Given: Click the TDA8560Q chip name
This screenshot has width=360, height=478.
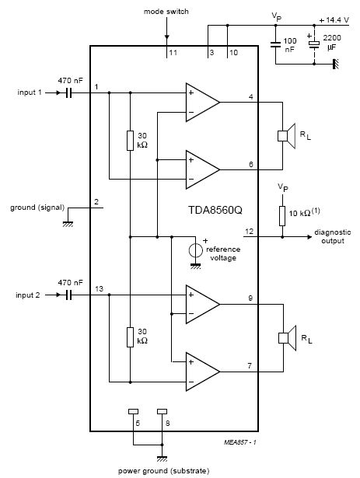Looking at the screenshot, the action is (x=215, y=211).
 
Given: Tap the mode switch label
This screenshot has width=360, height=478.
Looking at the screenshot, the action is (x=166, y=12).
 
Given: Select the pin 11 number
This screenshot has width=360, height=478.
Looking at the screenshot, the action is (x=173, y=53).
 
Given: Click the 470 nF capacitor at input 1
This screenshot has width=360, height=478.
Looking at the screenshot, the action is (x=69, y=92).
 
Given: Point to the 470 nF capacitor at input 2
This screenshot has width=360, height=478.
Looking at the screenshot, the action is (x=69, y=295).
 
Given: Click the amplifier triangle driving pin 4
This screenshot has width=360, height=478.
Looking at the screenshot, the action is (x=203, y=102).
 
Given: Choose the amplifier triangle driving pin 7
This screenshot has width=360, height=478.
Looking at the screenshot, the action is (x=203, y=372).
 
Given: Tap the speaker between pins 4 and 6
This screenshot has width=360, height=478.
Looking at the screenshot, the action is (x=287, y=136).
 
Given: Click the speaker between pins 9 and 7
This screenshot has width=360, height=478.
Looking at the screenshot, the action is (x=288, y=338).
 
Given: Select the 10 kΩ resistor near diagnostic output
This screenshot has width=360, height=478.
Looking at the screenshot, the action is (x=282, y=216).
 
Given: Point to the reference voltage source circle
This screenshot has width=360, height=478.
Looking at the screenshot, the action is (x=196, y=250).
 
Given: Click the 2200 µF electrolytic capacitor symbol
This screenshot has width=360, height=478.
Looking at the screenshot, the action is (x=314, y=44).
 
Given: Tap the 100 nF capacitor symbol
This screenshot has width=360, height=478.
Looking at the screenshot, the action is (x=275, y=45).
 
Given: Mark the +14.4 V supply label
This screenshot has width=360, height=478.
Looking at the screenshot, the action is (x=334, y=20).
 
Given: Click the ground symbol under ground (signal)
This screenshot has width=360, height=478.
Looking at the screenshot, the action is (x=68, y=224).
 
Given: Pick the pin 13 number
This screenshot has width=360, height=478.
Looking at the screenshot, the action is (x=99, y=288).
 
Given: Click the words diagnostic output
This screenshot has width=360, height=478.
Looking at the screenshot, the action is (x=333, y=236).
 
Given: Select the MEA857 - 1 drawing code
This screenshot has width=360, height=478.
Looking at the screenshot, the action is (x=240, y=442).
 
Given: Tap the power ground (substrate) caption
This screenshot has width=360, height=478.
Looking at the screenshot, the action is (x=164, y=471).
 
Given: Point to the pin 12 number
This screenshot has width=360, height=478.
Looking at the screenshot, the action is (x=250, y=232).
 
